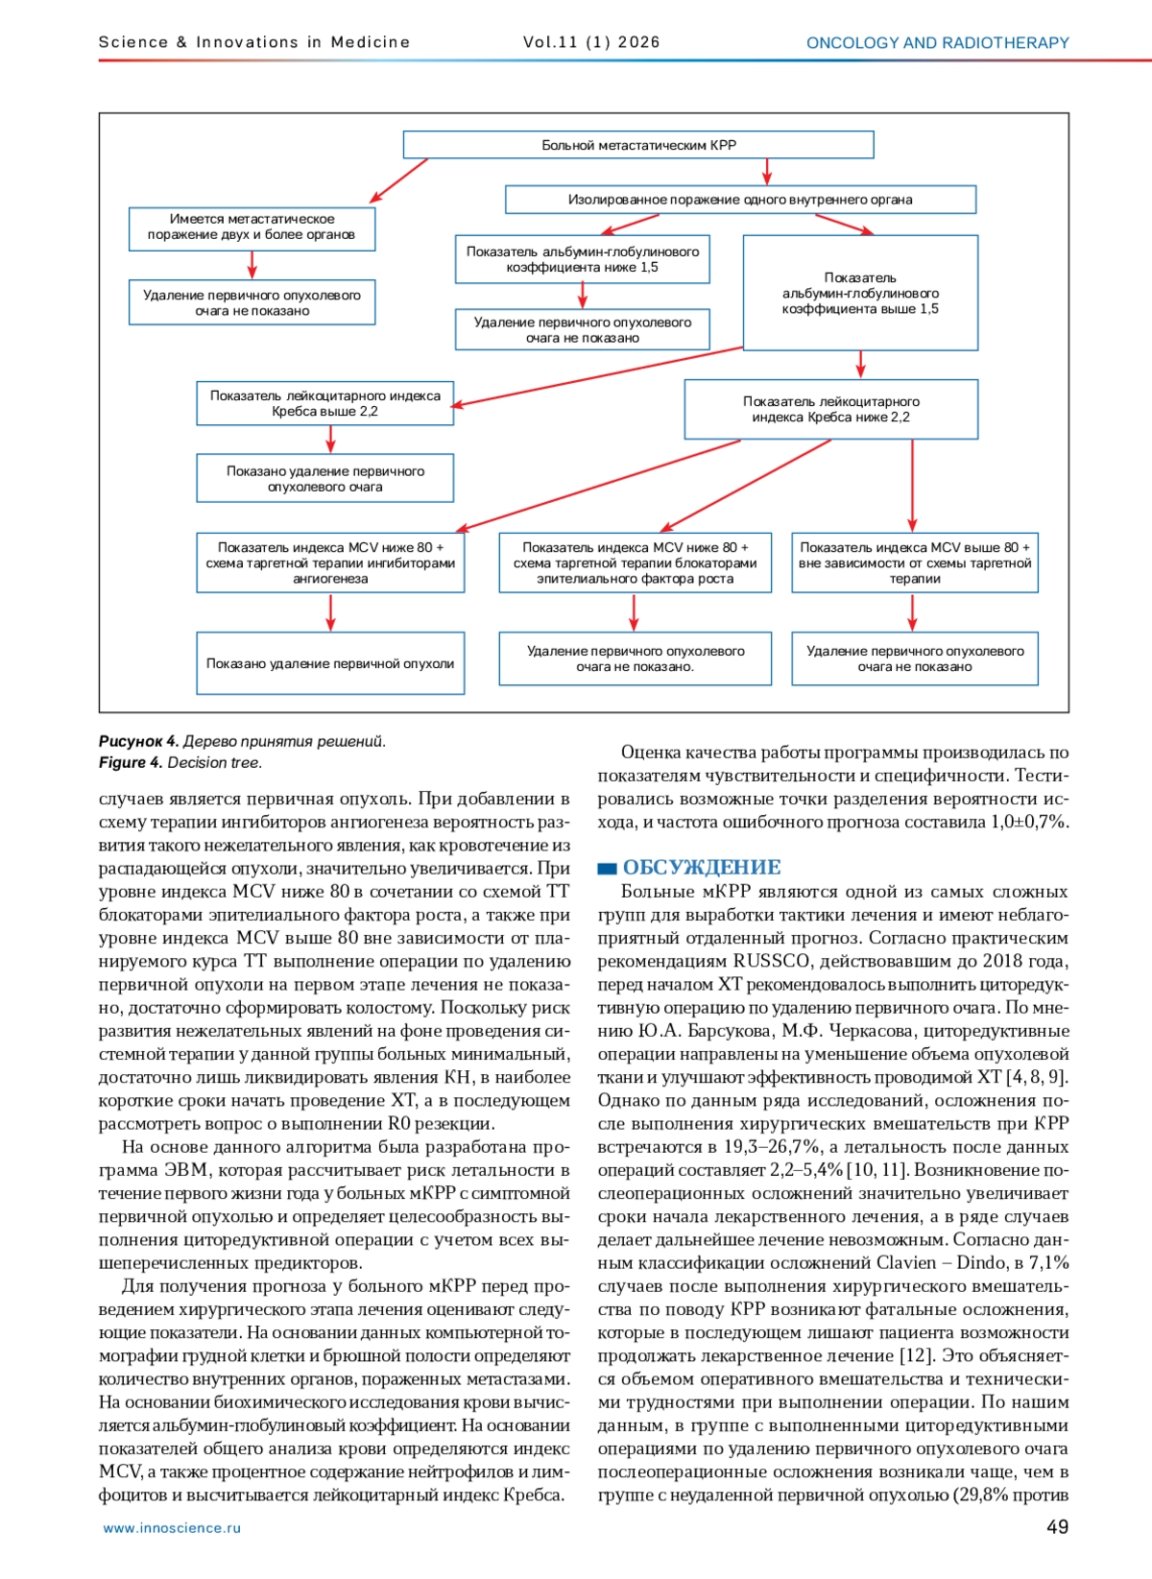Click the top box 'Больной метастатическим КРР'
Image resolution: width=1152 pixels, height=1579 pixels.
(638, 145)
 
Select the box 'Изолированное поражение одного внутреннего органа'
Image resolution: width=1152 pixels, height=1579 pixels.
(740, 200)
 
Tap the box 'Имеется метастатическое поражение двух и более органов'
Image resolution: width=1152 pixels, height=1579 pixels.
(252, 227)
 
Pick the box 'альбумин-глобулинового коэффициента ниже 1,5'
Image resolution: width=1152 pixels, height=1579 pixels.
(583, 259)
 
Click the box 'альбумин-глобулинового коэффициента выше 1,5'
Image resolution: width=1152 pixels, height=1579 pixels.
(860, 293)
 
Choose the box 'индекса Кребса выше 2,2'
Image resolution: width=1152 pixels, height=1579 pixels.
(324, 404)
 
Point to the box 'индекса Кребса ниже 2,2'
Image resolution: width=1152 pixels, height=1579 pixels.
(830, 410)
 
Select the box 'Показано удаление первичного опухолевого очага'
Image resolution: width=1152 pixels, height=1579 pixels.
(324, 479)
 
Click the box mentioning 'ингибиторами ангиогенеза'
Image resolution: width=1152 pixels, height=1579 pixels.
(330, 563)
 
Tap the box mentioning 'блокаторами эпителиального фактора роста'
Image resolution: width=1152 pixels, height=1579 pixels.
(635, 563)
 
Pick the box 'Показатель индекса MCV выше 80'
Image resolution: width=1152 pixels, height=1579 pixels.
(914, 563)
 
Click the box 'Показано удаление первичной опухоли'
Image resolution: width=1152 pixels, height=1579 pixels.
(330, 663)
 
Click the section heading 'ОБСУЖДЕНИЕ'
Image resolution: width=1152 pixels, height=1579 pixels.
(702, 868)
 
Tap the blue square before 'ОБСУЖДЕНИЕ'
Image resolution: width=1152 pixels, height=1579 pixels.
(607, 869)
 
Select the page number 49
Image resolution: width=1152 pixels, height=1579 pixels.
(1057, 1527)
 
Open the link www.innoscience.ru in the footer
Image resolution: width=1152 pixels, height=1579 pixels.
(172, 1528)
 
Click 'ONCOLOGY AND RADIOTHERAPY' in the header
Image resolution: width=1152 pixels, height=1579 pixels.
(937, 43)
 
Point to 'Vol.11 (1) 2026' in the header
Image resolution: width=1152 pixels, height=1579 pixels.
(591, 42)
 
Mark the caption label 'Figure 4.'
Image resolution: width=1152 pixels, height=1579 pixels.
(131, 763)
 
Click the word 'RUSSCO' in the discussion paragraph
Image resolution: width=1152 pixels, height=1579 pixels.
(771, 962)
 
